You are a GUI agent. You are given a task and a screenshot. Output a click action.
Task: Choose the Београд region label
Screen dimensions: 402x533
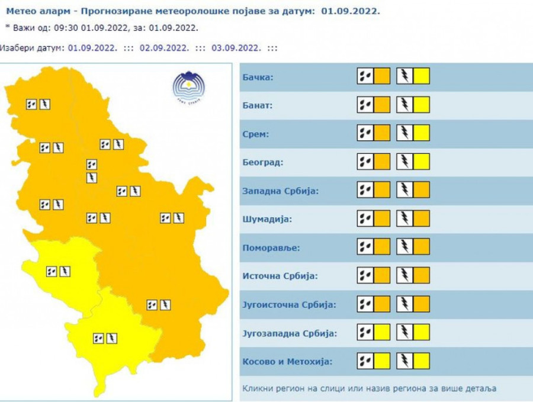coord(262,162)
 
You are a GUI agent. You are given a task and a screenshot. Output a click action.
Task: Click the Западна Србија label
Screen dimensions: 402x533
coord(281,191)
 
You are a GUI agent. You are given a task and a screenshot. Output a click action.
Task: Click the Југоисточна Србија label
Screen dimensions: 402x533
coord(289,305)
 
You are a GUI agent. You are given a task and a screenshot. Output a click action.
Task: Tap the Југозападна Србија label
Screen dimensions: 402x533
coord(290,333)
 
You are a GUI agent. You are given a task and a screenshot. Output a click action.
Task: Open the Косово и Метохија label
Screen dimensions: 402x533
coord(287,362)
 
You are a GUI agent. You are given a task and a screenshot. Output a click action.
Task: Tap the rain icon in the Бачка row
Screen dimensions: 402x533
coord(365,76)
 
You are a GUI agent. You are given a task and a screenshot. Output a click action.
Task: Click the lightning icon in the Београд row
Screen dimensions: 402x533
coord(405,162)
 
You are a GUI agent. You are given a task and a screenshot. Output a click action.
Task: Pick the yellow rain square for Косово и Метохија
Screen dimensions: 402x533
coord(382,361)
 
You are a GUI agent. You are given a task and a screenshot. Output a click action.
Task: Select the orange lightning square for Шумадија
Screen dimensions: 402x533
coord(422,218)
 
